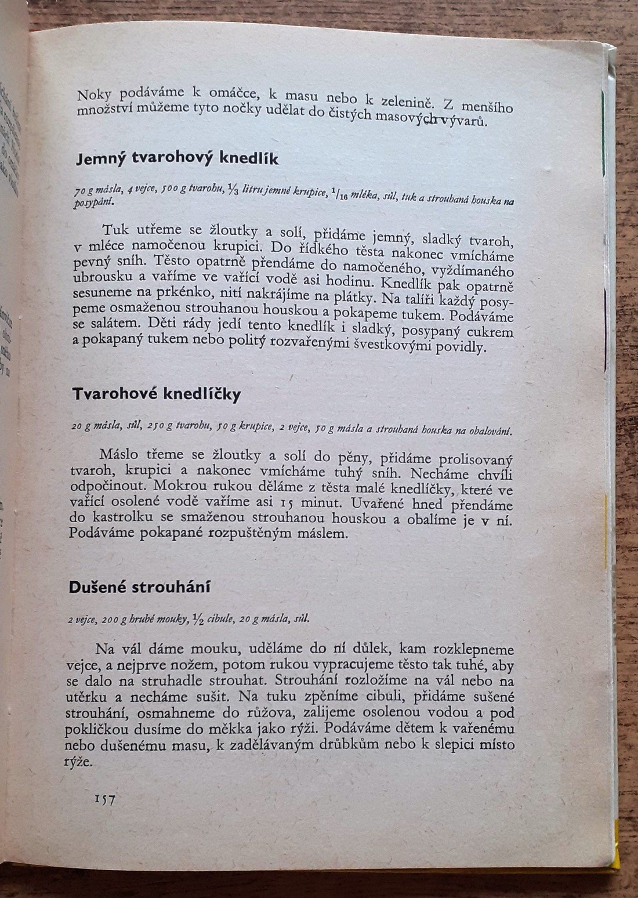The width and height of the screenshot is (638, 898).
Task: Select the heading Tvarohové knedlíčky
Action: click(x=157, y=394)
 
